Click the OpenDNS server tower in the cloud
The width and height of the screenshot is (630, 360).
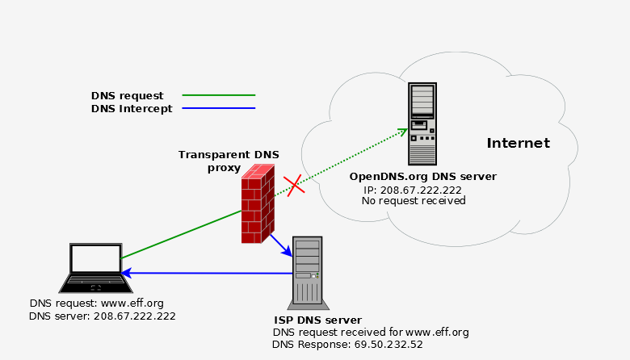pos(422,123)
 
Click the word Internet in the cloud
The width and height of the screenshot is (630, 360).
pos(518,144)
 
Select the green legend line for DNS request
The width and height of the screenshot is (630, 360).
pos(218,95)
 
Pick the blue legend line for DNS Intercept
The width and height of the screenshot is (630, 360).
pos(218,108)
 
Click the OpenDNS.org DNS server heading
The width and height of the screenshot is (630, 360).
pos(422,176)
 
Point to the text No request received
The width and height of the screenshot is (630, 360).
pos(414,200)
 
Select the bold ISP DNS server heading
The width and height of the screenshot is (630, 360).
pos(317,320)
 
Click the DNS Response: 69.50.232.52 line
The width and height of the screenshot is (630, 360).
pos(347,343)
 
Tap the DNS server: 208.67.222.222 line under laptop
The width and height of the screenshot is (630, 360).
pos(102,316)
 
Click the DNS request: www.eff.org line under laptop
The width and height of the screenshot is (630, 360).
pos(96,303)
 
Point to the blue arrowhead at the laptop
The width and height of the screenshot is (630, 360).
pos(126,273)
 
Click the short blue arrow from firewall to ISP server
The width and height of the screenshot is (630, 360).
pos(280,245)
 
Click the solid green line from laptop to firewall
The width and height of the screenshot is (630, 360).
pos(182,235)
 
